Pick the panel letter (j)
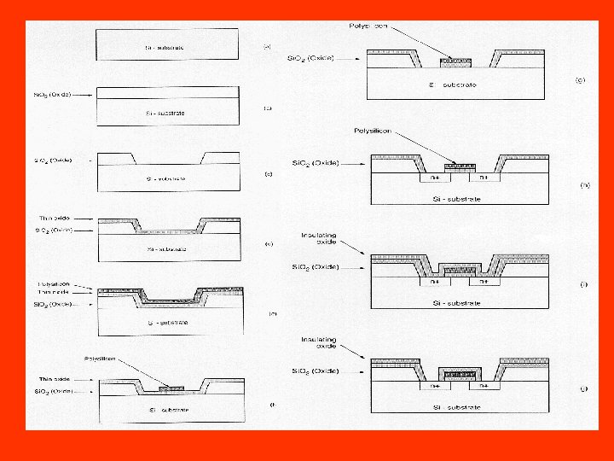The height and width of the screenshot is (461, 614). point(583,388)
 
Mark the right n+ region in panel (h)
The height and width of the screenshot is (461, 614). point(483,178)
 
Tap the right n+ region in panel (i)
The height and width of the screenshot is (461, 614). point(483,280)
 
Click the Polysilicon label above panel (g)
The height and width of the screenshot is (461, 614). point(368,27)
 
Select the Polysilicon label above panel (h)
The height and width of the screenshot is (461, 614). point(373,131)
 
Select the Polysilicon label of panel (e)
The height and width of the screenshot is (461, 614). point(53,284)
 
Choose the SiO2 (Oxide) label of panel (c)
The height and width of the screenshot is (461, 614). point(53,160)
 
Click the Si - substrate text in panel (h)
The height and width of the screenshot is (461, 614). point(459,198)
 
